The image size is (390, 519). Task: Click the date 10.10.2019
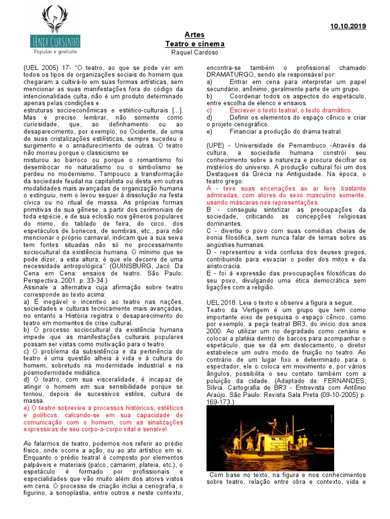tap(348, 26)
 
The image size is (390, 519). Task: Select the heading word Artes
tap(195, 35)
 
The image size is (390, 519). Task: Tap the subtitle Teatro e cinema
tap(195, 44)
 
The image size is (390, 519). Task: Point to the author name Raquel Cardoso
tap(195, 53)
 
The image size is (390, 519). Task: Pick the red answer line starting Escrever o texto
tap(290, 110)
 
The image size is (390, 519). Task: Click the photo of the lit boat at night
tap(263, 437)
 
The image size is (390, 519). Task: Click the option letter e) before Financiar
tap(210, 131)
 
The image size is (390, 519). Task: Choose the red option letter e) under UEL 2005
tap(27, 407)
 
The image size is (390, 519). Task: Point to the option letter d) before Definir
tap(210, 117)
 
